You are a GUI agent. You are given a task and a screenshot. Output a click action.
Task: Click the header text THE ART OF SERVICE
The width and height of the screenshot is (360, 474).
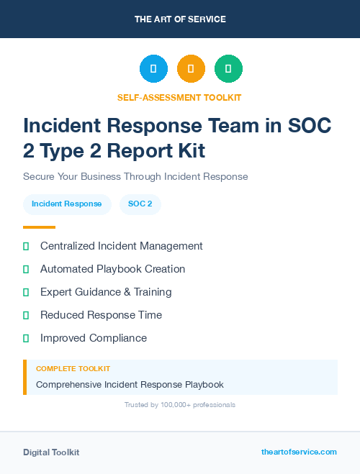(180, 19)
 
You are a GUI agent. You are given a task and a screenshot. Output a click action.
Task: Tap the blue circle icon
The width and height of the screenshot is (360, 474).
(153, 69)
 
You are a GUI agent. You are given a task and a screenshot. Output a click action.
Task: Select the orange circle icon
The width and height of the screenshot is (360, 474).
(191, 69)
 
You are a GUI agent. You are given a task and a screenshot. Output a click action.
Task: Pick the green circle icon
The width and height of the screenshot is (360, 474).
(228, 69)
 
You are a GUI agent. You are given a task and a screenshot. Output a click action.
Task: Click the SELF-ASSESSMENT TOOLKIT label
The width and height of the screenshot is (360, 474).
(180, 97)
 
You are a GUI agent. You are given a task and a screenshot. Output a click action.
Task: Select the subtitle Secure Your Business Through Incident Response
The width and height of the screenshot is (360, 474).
(135, 176)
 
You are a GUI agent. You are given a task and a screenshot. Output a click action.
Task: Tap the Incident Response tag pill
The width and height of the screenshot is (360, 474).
(67, 204)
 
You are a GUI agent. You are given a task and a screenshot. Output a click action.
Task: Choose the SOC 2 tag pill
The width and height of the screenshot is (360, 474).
(140, 204)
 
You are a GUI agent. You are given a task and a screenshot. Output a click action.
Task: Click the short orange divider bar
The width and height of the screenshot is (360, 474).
(39, 227)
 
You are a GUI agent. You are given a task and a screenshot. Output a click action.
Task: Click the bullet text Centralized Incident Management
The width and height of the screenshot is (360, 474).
(122, 246)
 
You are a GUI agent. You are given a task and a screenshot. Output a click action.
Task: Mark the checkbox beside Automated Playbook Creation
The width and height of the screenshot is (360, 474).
(26, 270)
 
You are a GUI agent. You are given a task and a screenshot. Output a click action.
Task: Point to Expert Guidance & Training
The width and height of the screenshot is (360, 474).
(106, 292)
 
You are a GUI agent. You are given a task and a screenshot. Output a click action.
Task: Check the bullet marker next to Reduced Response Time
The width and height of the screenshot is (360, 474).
(26, 316)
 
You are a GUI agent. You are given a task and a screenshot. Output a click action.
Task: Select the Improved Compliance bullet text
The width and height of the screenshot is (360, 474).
(94, 338)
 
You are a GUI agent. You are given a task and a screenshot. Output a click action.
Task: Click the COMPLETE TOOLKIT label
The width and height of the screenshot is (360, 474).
(73, 369)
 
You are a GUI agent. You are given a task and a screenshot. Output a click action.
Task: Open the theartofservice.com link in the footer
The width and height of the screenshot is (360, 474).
(299, 452)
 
